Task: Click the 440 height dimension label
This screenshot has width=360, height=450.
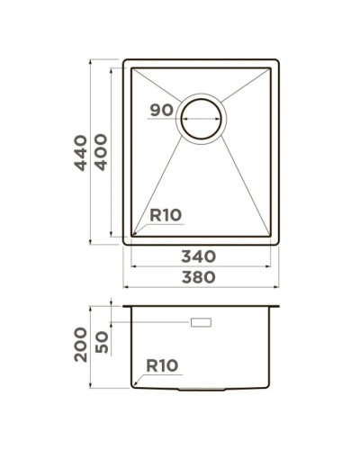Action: pos(81,152)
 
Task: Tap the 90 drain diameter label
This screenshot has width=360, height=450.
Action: pos(161,110)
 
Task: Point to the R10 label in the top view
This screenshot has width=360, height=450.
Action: pos(166,215)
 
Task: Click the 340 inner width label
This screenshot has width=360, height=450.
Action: pos(197,256)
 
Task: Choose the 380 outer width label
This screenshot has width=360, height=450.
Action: pos(197,277)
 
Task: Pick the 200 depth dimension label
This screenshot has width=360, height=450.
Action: pos(81,344)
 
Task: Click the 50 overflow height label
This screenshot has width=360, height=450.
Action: pos(101,342)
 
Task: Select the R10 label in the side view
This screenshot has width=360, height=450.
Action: pos(163,365)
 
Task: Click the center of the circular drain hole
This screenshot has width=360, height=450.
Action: pos(202,119)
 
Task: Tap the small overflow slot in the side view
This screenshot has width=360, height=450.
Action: pos(200,321)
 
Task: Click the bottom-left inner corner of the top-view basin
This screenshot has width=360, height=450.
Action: pos(134,236)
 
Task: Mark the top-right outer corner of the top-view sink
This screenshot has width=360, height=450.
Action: pos(276,61)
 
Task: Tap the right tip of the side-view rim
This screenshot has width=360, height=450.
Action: pos(277,306)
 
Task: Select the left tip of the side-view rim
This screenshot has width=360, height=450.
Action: pos(124,306)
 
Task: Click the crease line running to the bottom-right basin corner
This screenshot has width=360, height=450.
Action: pos(243,189)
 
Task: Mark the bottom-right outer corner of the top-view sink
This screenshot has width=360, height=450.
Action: pos(276,244)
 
